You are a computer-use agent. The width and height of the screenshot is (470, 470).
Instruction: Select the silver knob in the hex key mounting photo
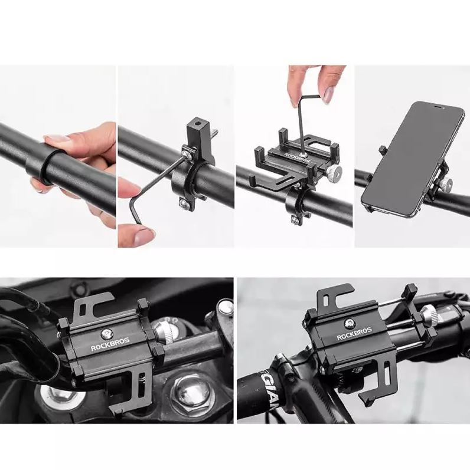pos(335,173)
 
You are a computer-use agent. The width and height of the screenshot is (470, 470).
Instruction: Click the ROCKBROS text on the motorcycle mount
pos(110,347)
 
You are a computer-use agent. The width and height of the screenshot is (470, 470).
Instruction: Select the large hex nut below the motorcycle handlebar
pos(190,391)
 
